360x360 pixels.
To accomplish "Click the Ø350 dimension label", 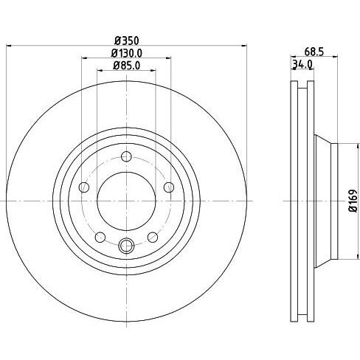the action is (127, 41).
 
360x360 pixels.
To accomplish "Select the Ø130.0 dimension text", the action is (127, 53).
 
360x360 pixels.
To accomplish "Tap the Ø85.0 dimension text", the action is (127, 66).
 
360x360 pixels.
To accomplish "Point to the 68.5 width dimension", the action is (314, 52).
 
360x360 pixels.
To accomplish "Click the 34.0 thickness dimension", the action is (302, 64).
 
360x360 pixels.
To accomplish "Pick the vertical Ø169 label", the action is (353, 201).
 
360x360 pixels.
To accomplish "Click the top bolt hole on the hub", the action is (126, 156).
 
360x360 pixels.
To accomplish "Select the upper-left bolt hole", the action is (84, 187).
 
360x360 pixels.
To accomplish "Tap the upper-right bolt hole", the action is (169, 187).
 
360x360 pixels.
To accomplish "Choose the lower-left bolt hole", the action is (100, 238).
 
